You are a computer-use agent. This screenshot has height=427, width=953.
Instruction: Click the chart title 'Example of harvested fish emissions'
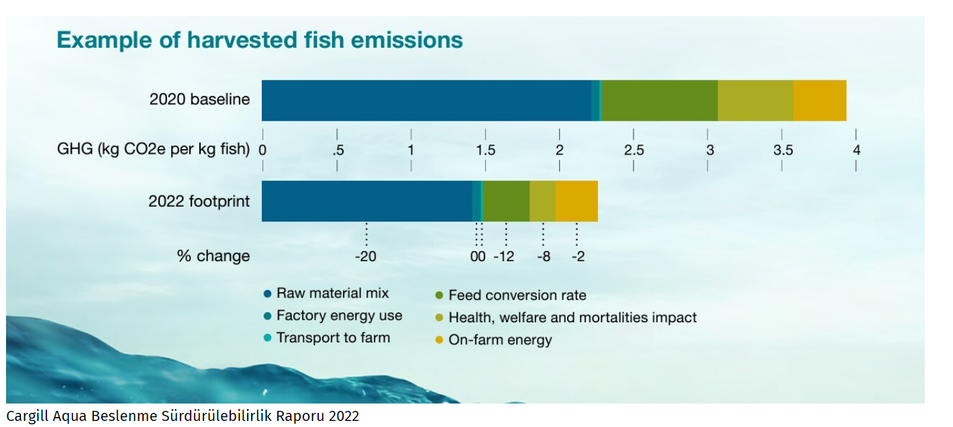coord(260,40)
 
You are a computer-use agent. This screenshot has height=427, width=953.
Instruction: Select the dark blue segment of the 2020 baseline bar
coord(426,101)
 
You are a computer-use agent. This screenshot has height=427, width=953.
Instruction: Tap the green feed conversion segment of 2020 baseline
coord(659,101)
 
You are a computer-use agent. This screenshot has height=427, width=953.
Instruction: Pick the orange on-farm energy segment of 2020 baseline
coord(819,101)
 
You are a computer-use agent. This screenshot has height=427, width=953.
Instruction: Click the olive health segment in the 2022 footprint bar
coord(542,201)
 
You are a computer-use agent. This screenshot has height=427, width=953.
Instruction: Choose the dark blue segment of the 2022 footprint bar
coord(366,201)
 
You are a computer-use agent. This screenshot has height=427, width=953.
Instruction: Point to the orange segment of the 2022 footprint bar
coord(576,201)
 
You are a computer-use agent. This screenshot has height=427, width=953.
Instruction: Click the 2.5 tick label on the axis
coord(634,150)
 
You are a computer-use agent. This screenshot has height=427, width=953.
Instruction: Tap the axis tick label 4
coord(856,150)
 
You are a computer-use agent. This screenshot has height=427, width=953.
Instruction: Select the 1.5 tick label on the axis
coord(485,150)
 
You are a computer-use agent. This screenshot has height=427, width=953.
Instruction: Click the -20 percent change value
coord(365,256)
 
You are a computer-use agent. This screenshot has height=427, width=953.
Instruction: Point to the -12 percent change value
coord(504,256)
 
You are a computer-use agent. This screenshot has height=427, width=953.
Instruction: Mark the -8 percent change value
coord(543,256)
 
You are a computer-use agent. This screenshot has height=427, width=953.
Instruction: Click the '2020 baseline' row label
coord(199,100)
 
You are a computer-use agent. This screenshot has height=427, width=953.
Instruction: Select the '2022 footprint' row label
coord(199,201)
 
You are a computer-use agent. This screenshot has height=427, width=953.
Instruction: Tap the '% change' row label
coord(213,256)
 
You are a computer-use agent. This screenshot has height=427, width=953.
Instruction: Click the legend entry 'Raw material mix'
coord(332,293)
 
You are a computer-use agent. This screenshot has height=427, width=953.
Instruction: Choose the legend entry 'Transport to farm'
coord(333,338)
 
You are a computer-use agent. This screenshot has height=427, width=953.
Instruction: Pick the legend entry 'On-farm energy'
coord(500,340)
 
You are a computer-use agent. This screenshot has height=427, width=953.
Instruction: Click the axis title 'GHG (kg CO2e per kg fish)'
coord(153,150)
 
